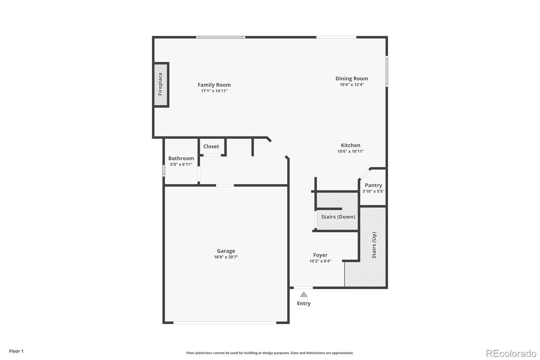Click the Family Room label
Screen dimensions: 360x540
tap(214, 85)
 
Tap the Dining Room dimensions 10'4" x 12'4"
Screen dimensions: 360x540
tap(352, 85)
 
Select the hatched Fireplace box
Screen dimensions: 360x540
tap(161, 84)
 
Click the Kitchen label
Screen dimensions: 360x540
tap(350, 145)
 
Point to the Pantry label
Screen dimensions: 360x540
tap(373, 185)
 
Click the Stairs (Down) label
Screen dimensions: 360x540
tap(338, 217)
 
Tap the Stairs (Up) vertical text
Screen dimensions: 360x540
tap(374, 245)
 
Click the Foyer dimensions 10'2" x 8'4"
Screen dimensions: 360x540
tap(320, 261)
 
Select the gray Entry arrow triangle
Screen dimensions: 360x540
tap(304, 294)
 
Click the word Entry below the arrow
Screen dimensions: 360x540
tap(304, 303)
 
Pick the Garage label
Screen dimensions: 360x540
tap(226, 251)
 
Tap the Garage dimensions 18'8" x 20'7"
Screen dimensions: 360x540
tap(226, 257)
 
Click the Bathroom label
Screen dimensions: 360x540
tap(181, 158)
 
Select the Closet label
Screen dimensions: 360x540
tap(211, 146)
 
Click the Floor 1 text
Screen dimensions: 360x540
tap(16, 351)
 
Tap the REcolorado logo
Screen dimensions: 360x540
tap(511, 353)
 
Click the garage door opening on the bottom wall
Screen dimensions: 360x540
tap(225, 323)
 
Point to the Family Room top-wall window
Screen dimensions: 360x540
tap(221, 37)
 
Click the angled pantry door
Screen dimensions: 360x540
tap(364, 174)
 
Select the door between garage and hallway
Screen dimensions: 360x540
tap(225, 185)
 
